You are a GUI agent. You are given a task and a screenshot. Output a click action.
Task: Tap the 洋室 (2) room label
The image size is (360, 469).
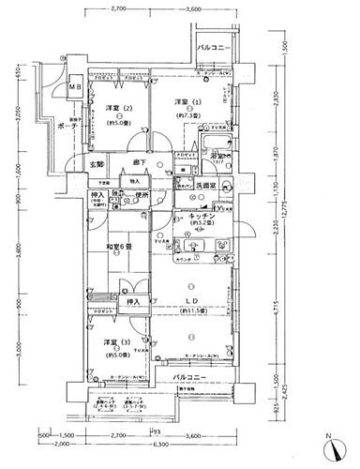pyautogui.click(x=116, y=108)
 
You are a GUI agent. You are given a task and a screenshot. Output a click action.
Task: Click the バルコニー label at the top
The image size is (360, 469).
pyautogui.click(x=215, y=46)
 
